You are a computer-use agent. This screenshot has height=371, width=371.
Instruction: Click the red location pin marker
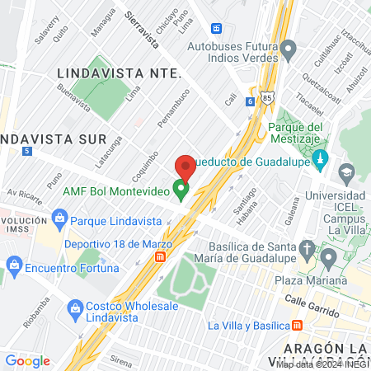pyautogui.click(x=185, y=167)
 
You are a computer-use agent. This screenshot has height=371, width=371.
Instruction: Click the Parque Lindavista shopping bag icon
pyautogui.click(x=59, y=219)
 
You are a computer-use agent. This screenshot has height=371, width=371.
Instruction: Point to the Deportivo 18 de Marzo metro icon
pyautogui.click(x=160, y=256)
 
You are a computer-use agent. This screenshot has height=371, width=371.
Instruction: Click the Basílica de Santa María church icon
pyautogui.click(x=307, y=248)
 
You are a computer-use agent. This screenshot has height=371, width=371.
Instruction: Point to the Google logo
pyautogui.click(x=27, y=360)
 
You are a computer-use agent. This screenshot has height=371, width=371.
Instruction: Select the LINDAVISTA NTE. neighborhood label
pyautogui.click(x=120, y=73)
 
